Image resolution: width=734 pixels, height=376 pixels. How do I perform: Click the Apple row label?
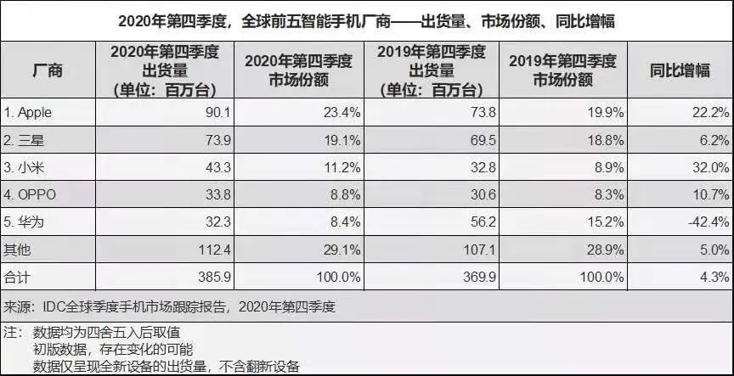[x=28, y=113]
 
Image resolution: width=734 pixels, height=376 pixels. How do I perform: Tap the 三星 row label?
[x=24, y=140]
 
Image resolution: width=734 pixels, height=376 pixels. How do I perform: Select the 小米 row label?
[x=24, y=167]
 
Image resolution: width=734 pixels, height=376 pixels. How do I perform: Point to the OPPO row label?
[x=30, y=194]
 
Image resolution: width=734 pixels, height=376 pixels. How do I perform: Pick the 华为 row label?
[x=24, y=222]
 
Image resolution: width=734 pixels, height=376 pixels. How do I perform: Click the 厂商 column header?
[x=48, y=70]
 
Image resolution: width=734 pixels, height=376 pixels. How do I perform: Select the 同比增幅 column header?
[x=680, y=70]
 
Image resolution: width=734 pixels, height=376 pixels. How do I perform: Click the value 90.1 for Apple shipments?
[x=218, y=113]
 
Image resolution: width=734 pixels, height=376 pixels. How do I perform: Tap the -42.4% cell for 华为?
[x=709, y=222]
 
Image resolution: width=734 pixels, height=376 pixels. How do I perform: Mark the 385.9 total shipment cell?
[x=214, y=277]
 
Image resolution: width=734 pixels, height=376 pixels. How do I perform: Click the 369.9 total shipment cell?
[x=479, y=277]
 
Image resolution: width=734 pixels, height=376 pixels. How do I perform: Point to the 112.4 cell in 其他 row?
[x=214, y=250]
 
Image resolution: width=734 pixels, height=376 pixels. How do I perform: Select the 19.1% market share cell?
[x=342, y=140]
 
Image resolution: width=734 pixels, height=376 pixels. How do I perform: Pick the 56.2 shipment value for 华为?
[x=483, y=222]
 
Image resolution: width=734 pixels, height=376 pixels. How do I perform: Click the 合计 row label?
[x=17, y=277]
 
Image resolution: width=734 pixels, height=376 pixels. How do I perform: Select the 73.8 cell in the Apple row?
[x=483, y=113]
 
